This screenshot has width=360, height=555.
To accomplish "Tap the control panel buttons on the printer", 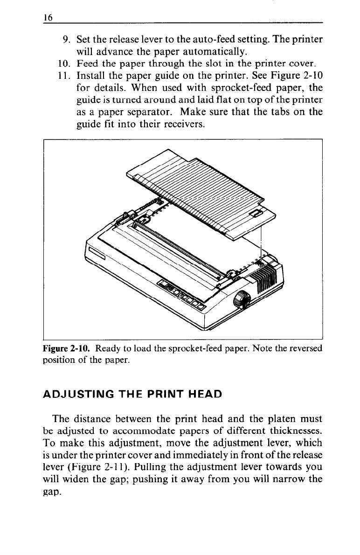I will click(182, 295).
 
